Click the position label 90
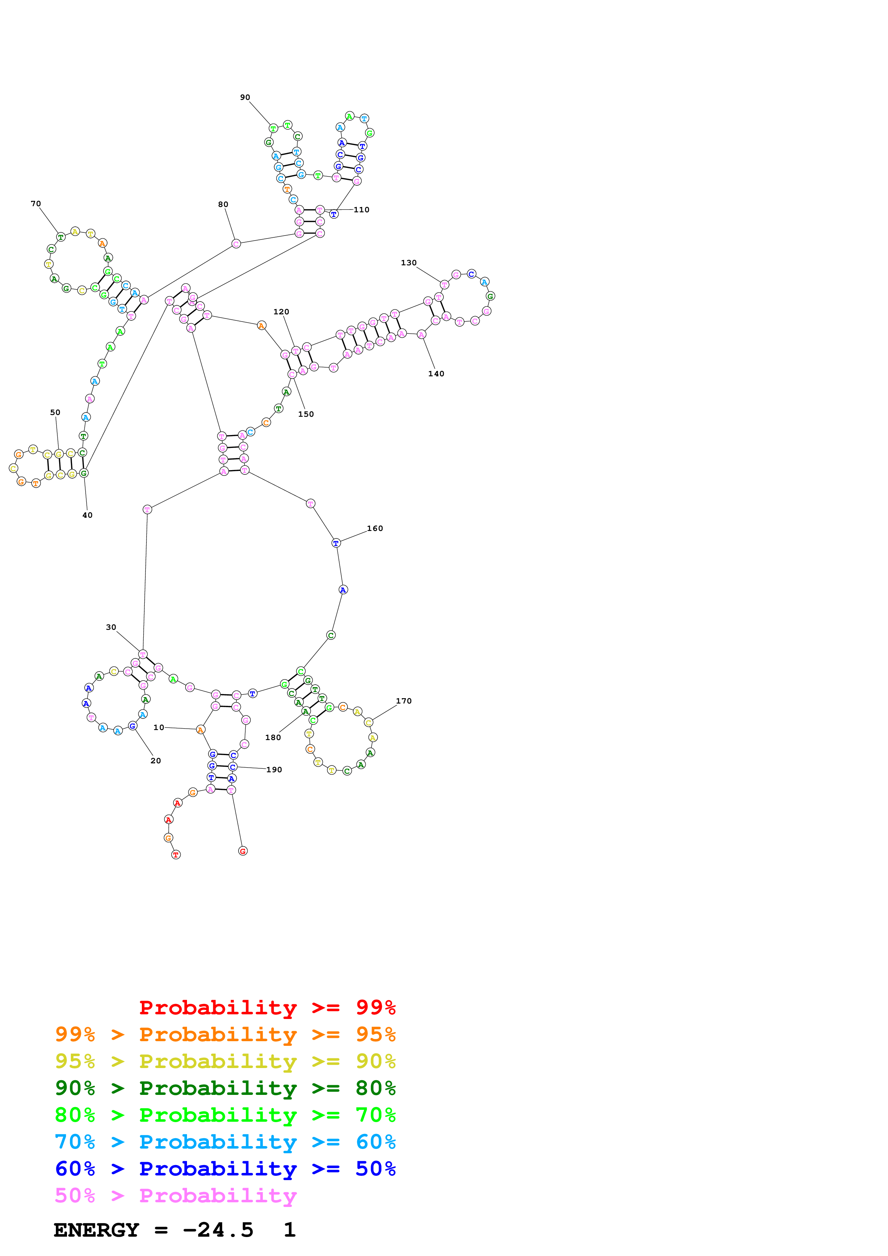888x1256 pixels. click(x=245, y=97)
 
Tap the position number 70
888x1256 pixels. click(x=35, y=203)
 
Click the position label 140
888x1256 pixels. click(x=436, y=374)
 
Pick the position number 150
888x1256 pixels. click(x=306, y=414)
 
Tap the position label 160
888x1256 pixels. click(x=374, y=528)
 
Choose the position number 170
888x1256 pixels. click(x=403, y=701)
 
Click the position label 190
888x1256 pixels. click(x=274, y=770)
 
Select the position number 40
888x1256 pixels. click(x=87, y=515)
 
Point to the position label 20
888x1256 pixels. click(x=155, y=760)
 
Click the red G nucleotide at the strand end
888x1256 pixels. click(x=243, y=851)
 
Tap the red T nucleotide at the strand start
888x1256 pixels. click(x=176, y=855)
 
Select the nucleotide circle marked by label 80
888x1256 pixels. click(x=236, y=243)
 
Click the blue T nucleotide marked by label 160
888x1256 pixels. click(x=336, y=543)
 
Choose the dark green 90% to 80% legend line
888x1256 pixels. click(x=225, y=1088)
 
